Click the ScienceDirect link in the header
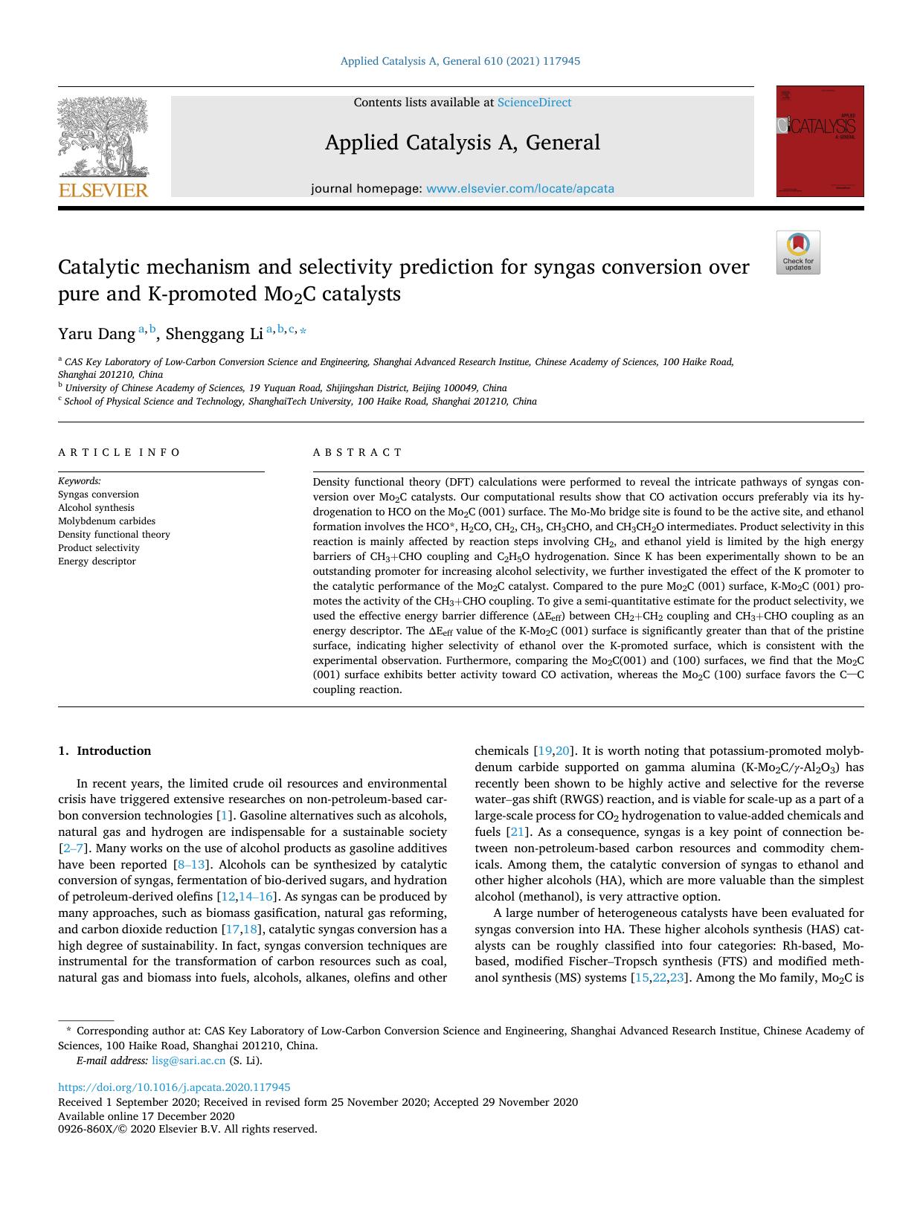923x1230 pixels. click(x=534, y=103)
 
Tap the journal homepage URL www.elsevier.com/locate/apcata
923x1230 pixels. click(x=520, y=189)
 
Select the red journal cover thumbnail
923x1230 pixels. click(x=820, y=141)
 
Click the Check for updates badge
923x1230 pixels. click(x=798, y=253)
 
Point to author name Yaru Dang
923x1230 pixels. click(x=97, y=334)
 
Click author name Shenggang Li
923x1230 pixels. click(x=214, y=334)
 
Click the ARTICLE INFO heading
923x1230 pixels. click(x=119, y=452)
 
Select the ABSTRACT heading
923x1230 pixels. click(x=357, y=452)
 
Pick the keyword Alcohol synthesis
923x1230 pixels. click(x=96, y=508)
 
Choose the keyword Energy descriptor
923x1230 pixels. click(x=97, y=561)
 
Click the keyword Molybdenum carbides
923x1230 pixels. click(x=106, y=521)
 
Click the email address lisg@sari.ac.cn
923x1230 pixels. click(x=188, y=1060)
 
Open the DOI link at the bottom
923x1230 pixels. click(x=174, y=1087)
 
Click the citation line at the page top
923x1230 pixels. click(x=460, y=61)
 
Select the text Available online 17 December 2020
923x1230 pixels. click(x=146, y=1116)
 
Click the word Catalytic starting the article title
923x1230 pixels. click(x=99, y=267)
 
